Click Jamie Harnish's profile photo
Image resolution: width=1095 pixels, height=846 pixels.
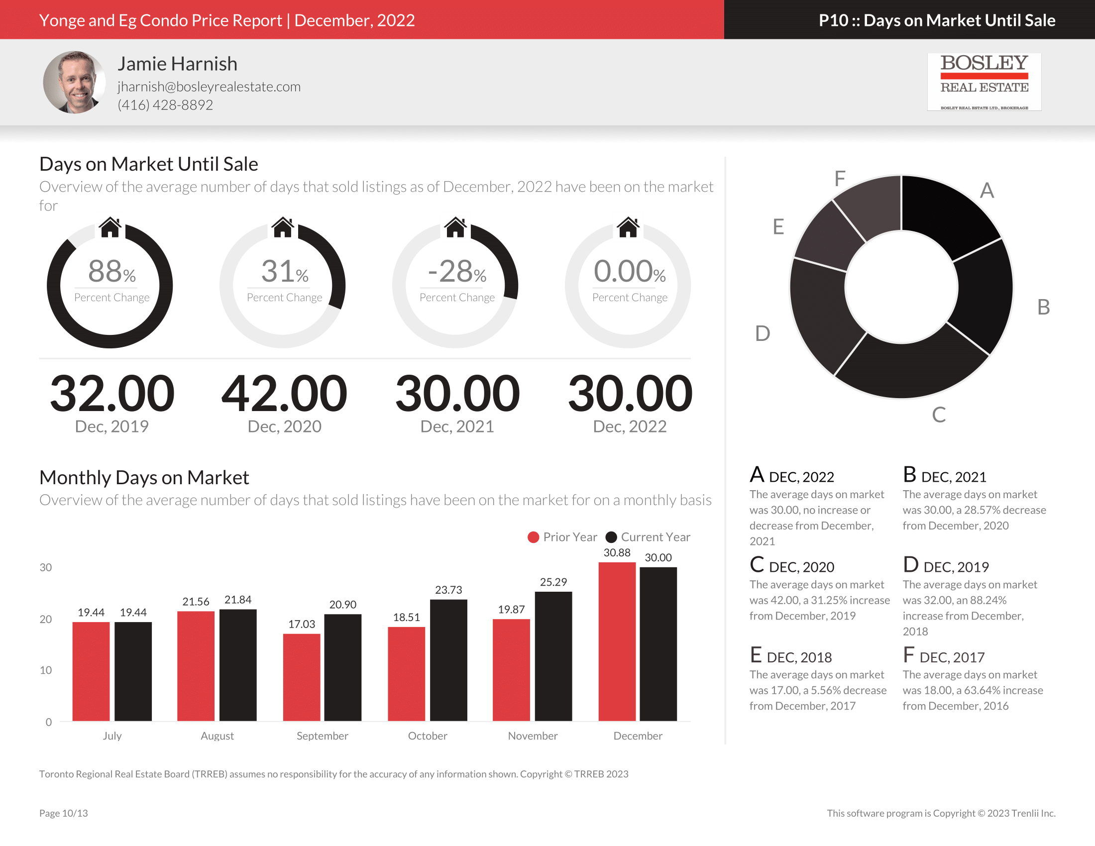pyautogui.click(x=74, y=82)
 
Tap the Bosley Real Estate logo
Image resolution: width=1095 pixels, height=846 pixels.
pyautogui.click(x=984, y=82)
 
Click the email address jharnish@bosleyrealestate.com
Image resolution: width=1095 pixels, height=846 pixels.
pyautogui.click(x=209, y=87)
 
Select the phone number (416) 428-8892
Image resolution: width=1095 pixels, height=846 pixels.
pyautogui.click(x=165, y=105)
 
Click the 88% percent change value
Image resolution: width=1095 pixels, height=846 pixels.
pyautogui.click(x=111, y=272)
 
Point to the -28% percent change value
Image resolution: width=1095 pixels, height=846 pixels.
pyautogui.click(x=457, y=272)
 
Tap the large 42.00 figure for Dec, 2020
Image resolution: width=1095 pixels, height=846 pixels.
pyautogui.click(x=284, y=394)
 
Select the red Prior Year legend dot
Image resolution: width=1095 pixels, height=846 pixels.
pyautogui.click(x=533, y=537)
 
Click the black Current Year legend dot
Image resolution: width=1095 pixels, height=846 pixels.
pyautogui.click(x=611, y=537)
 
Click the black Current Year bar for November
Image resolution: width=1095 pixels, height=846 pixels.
pyautogui.click(x=553, y=656)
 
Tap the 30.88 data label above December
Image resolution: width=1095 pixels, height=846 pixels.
pyautogui.click(x=617, y=552)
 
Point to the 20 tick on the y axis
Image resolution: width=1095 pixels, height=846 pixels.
pyautogui.click(x=46, y=619)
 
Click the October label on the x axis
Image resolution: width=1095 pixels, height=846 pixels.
pyautogui.click(x=427, y=736)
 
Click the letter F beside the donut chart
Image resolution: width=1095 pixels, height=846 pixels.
pyautogui.click(x=840, y=179)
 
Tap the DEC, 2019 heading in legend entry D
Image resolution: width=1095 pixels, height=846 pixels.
pyautogui.click(x=956, y=567)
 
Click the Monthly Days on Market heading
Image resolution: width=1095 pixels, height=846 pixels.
pyautogui.click(x=144, y=478)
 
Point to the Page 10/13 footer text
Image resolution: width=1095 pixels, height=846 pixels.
pyautogui.click(x=64, y=813)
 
